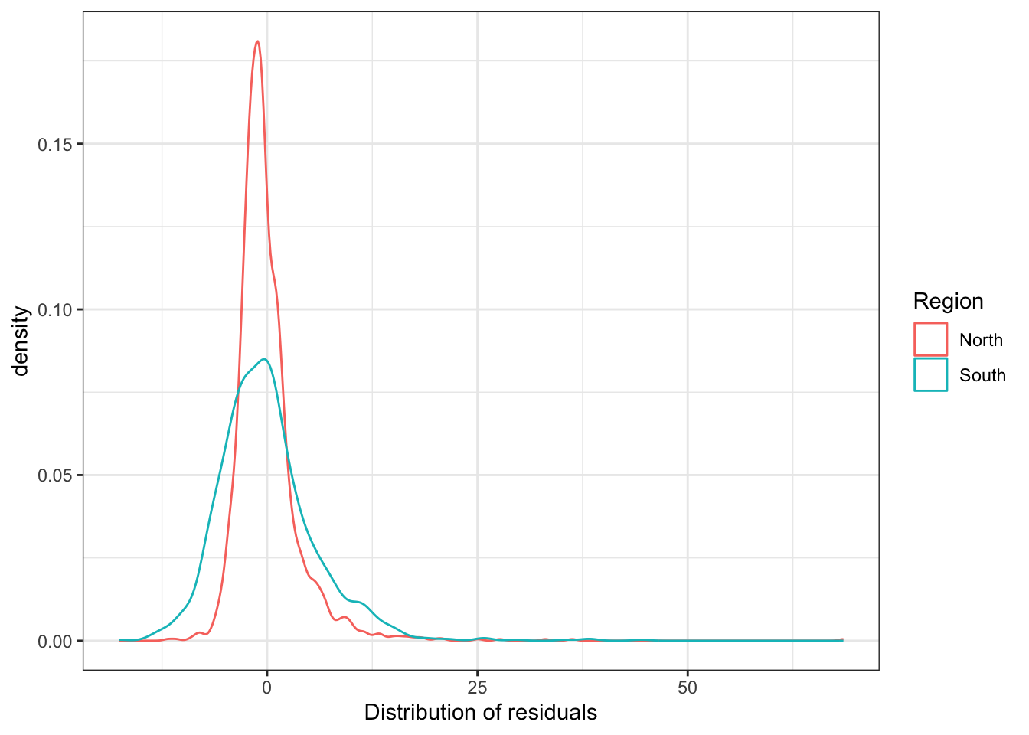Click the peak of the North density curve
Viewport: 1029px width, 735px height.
point(257,41)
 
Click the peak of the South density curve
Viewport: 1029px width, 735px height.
point(264,359)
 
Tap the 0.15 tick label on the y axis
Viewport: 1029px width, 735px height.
point(55,145)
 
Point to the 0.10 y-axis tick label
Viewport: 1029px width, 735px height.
point(55,310)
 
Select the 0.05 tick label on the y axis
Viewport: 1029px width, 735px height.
point(55,475)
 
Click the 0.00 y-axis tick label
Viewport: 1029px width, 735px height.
point(55,642)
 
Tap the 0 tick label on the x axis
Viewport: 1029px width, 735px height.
point(266,688)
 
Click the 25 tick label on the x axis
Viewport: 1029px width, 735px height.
point(477,688)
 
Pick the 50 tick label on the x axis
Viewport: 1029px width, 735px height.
point(688,688)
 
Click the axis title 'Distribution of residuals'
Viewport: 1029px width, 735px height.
point(480,713)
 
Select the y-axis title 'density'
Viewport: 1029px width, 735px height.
point(21,341)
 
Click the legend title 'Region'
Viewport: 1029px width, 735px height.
point(948,302)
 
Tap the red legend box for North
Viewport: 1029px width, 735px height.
point(930,339)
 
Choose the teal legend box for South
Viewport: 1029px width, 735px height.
point(930,375)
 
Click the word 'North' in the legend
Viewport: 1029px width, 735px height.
point(981,340)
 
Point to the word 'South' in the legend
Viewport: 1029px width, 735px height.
point(982,375)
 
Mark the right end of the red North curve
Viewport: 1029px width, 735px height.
point(842,639)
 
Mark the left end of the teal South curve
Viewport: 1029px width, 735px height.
point(119,639)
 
